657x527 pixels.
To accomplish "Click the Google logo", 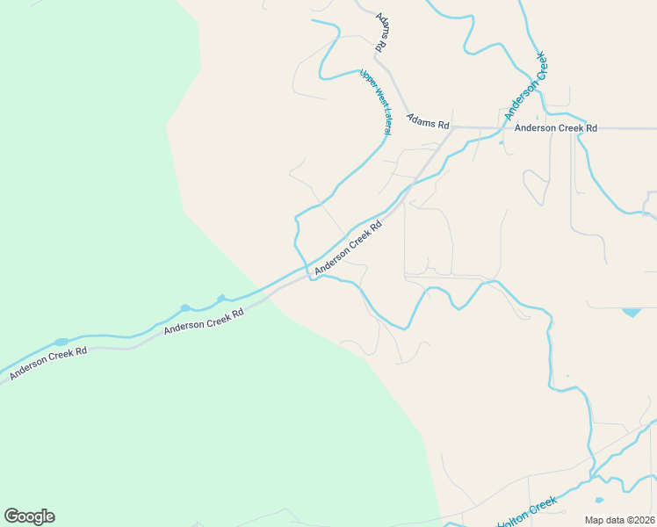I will coord(29,516).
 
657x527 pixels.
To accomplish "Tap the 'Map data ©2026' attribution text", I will coord(619,520).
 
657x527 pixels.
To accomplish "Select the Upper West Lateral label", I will coord(375,101).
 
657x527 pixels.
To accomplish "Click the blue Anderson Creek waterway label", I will coord(525,86).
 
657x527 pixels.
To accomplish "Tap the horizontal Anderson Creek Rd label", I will coord(555,127).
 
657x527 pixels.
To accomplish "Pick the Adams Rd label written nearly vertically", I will coord(381,31).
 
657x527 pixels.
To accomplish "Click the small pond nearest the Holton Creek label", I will coord(600,501).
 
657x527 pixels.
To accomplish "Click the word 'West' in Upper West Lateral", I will coord(375,98).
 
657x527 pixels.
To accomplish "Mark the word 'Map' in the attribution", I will coord(595,520).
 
